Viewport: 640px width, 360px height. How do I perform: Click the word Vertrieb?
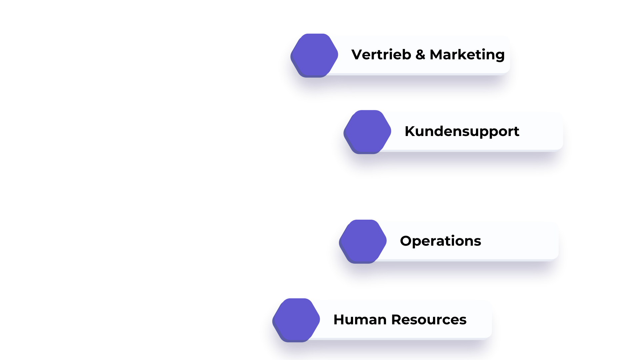[381, 55]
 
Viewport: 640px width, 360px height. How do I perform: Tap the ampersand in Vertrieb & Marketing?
[420, 55]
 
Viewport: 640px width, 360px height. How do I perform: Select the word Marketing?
[467, 55]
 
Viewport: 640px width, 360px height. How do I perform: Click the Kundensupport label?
[462, 131]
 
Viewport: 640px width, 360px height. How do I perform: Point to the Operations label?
[440, 241]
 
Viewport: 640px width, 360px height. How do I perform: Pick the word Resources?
[429, 320]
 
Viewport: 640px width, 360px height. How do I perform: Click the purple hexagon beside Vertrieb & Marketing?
[314, 55]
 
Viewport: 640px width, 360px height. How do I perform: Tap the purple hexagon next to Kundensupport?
[367, 132]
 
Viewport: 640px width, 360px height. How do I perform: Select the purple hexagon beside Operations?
[363, 241]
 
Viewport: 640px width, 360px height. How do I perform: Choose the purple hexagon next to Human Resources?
[296, 320]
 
